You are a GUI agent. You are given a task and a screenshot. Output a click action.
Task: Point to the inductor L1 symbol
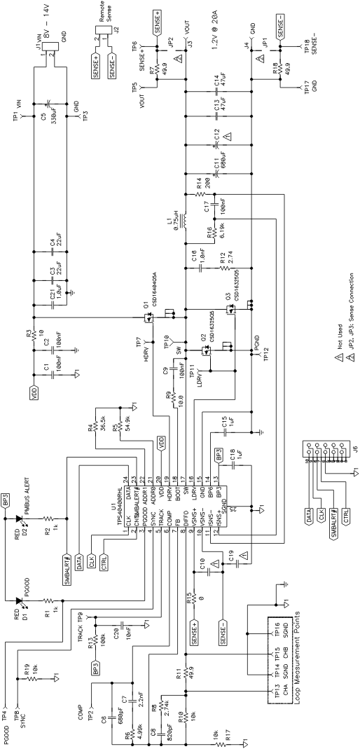click(185, 222)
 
